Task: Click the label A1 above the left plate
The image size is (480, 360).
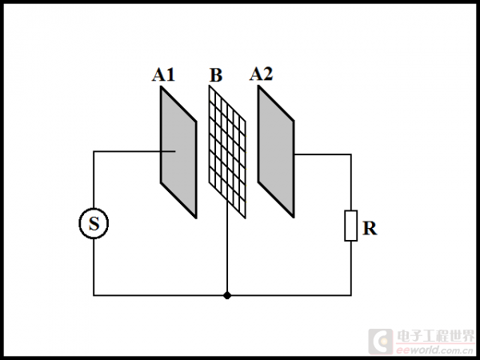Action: click(x=163, y=75)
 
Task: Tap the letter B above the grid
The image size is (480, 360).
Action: click(x=216, y=76)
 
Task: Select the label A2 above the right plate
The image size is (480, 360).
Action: click(x=261, y=74)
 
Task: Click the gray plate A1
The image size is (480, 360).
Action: click(x=178, y=152)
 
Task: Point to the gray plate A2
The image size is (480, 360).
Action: click(x=276, y=152)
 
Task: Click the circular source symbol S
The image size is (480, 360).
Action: click(x=94, y=225)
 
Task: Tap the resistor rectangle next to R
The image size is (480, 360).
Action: click(x=350, y=226)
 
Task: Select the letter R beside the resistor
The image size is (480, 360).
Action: click(x=370, y=228)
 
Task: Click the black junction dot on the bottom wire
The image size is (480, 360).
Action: click(x=228, y=295)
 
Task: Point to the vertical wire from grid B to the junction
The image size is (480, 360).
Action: click(x=228, y=256)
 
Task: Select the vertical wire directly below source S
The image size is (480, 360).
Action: click(x=94, y=268)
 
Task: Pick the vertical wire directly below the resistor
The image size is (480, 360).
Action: click(x=350, y=268)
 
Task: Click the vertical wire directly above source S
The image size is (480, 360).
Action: click(x=94, y=180)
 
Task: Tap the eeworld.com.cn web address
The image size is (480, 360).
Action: click(x=435, y=350)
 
